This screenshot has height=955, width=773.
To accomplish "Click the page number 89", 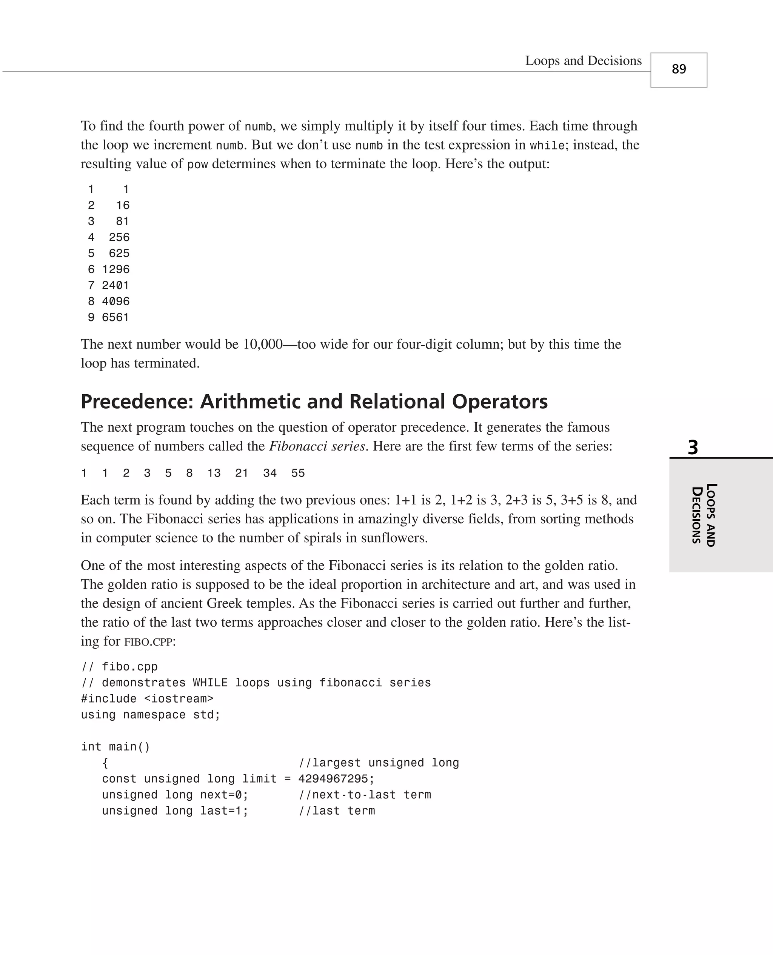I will coord(679,69).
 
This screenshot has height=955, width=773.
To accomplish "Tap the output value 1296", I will coord(116,269).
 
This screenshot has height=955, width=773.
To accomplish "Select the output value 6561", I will coord(116,317).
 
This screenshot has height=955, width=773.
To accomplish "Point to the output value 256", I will coord(119,237).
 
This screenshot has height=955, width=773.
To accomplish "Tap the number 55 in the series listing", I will coord(298,473).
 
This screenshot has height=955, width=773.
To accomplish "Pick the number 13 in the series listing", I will coord(214,473).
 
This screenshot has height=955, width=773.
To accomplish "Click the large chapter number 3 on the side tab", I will coord(693,447).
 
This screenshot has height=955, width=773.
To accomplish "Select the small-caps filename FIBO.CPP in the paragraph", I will coord(148,642).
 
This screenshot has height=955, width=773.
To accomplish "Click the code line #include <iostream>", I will coord(147,699).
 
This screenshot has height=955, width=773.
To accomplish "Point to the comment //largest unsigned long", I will coord(379,763).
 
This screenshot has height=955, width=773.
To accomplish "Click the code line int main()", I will coord(115,747).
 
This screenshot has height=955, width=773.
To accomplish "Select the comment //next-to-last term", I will coord(365,795).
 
